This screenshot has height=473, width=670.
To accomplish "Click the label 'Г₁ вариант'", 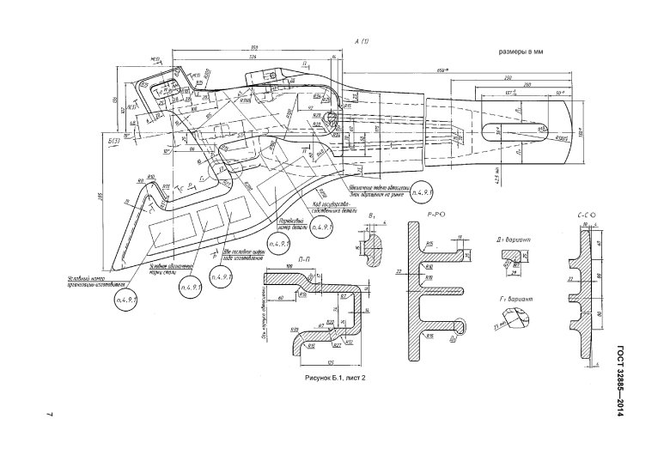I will (x=518, y=299).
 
